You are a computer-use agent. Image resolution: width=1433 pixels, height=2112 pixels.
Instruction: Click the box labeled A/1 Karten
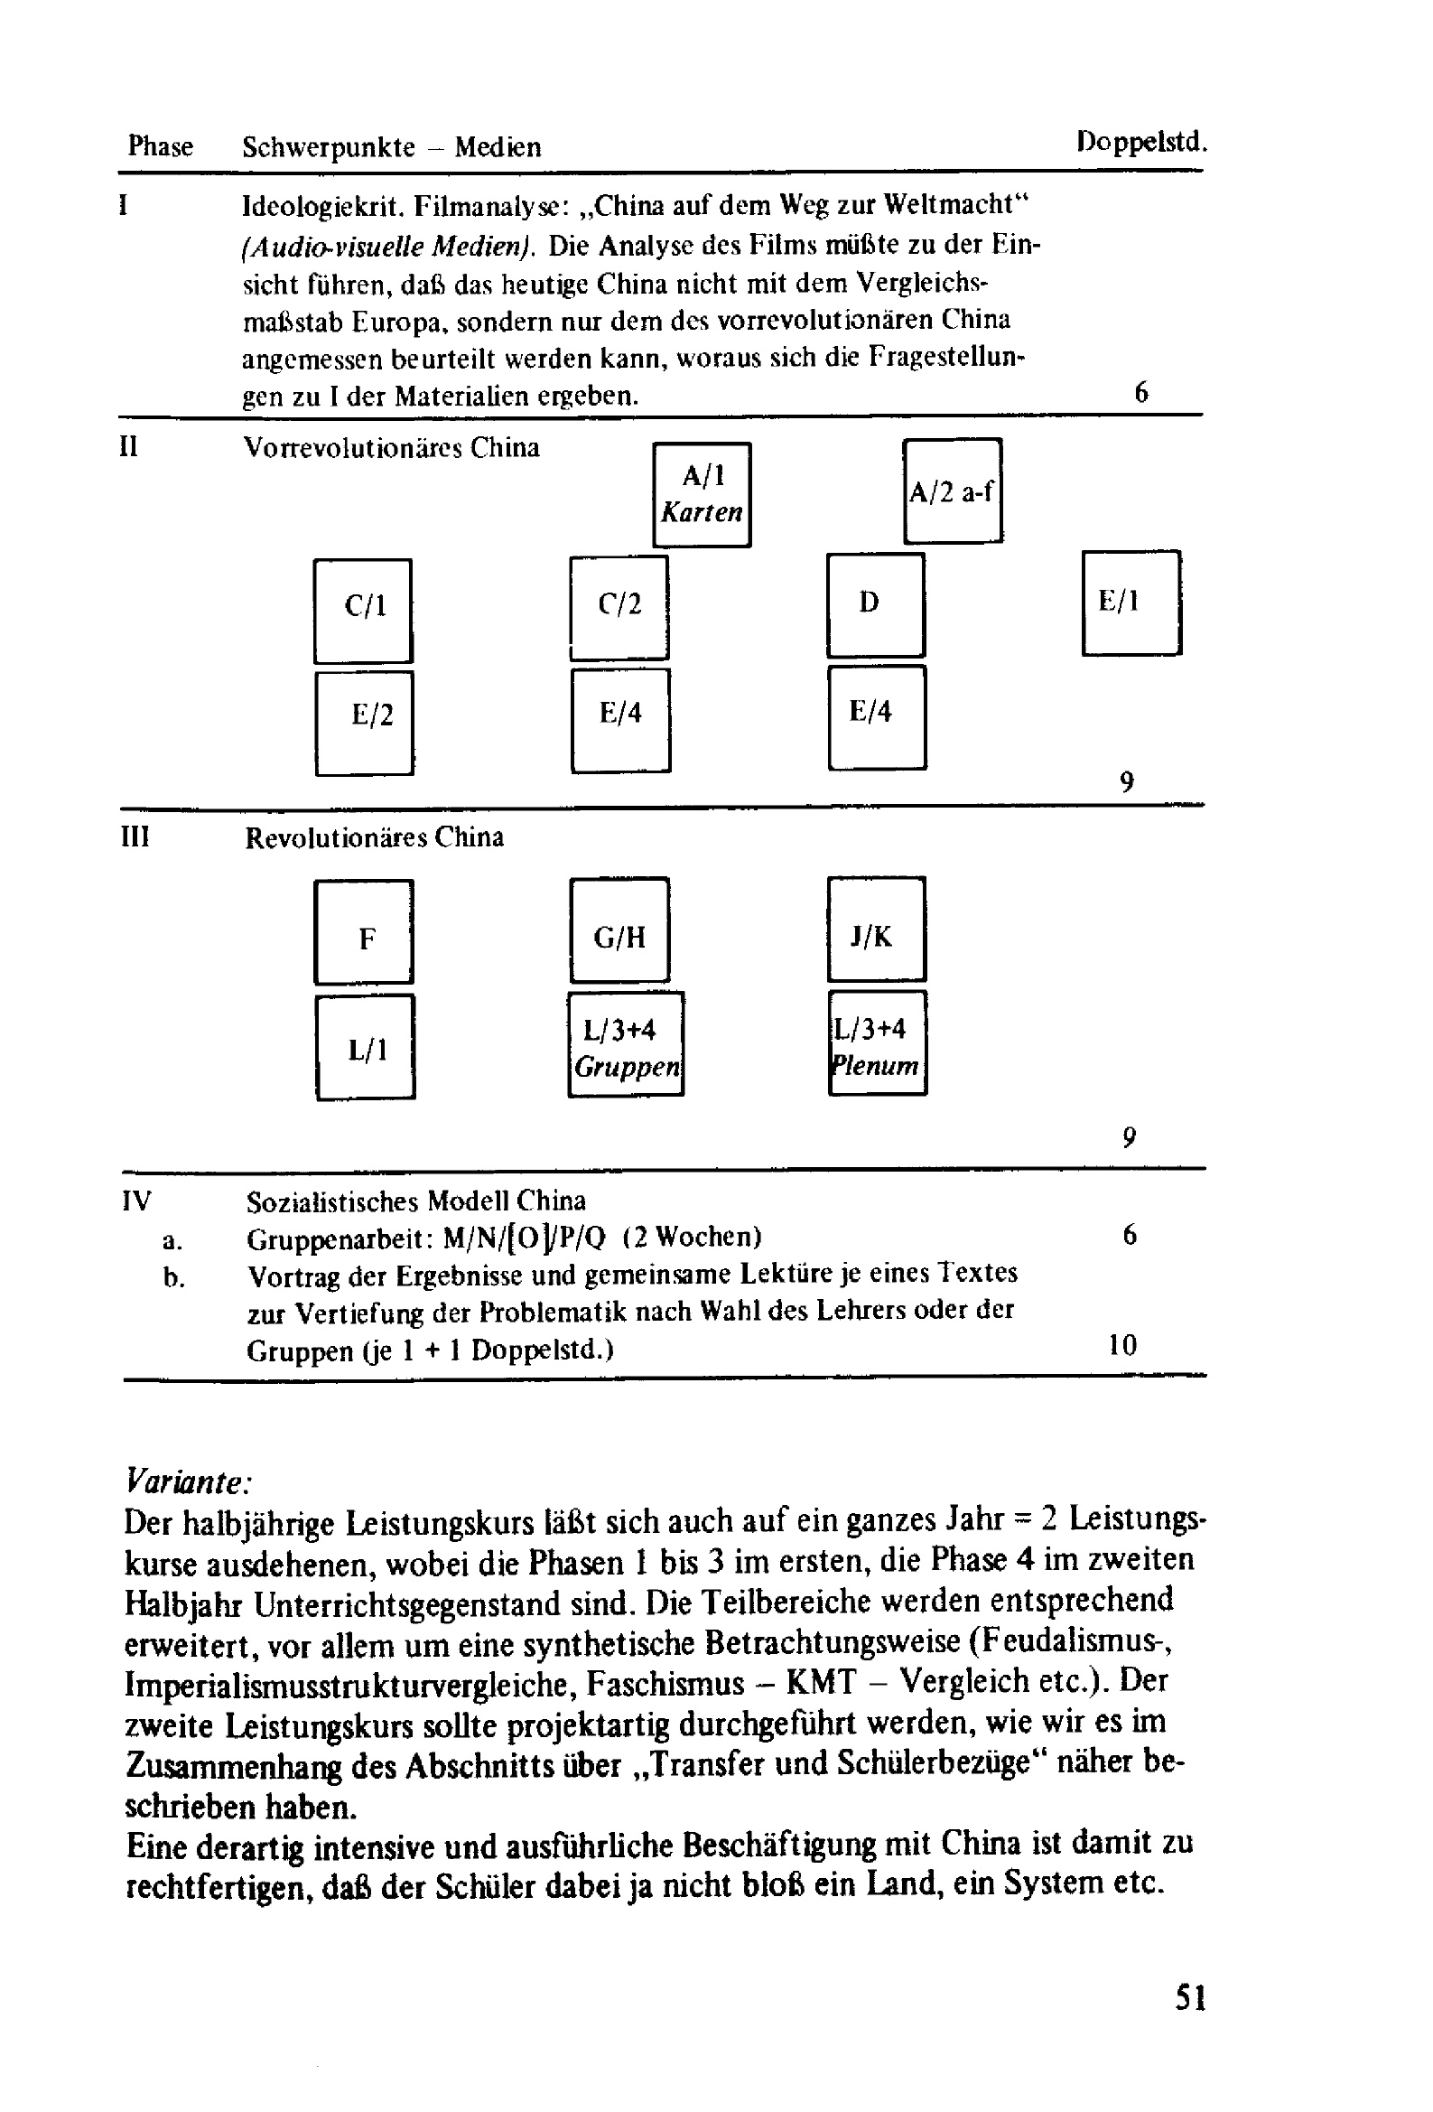tap(702, 494)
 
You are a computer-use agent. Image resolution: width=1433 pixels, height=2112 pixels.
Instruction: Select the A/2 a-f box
tap(953, 491)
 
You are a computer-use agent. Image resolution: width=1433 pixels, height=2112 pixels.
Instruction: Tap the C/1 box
tap(363, 611)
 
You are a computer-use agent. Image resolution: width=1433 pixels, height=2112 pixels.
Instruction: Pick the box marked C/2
tap(619, 608)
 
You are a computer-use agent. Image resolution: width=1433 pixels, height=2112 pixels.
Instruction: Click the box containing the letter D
tap(875, 605)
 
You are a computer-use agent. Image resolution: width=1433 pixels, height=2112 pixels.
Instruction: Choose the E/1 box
tap(1131, 603)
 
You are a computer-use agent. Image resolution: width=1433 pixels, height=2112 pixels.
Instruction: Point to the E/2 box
tap(365, 724)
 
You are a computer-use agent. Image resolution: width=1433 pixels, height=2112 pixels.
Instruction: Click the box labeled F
tap(364, 931)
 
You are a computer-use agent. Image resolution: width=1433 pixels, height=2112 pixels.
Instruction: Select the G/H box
tap(619, 930)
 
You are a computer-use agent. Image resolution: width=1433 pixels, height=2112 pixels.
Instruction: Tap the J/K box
tap(876, 929)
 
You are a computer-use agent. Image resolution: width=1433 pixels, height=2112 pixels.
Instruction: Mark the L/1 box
tap(366, 1047)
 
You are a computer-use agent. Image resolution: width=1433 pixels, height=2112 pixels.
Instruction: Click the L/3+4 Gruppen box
tap(625, 1044)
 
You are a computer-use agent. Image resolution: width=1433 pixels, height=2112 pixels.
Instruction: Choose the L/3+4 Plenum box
tap(877, 1043)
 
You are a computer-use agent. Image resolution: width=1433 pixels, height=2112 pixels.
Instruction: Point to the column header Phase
tap(160, 146)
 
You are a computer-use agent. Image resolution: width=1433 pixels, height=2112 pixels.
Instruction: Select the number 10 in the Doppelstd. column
tap(1122, 1345)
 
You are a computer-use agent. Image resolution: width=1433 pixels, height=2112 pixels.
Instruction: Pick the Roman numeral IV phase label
tap(136, 1201)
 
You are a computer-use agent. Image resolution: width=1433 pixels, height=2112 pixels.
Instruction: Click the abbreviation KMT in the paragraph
tap(821, 1682)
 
